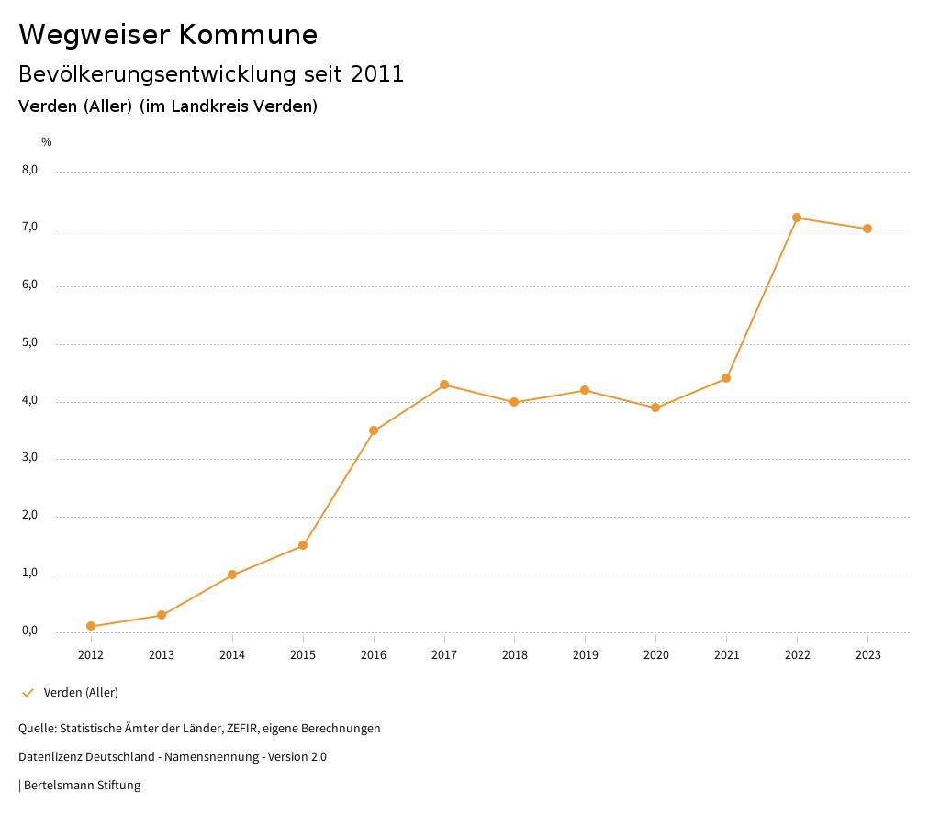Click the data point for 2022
click(x=797, y=218)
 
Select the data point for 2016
click(x=374, y=430)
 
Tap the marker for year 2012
click(x=91, y=626)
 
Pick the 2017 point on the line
click(x=444, y=385)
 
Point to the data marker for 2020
click(x=655, y=407)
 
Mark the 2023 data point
click(x=867, y=229)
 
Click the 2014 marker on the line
click(x=232, y=575)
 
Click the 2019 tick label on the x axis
click(x=585, y=654)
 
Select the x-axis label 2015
click(x=303, y=654)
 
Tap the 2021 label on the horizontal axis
click(x=726, y=654)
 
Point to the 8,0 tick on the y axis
click(x=30, y=170)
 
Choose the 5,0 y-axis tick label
click(x=30, y=342)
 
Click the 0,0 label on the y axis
click(x=30, y=631)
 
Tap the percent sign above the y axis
click(x=47, y=141)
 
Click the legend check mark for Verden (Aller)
click(x=28, y=693)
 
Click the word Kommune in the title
click(x=248, y=35)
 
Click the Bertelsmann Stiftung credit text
click(x=82, y=786)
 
